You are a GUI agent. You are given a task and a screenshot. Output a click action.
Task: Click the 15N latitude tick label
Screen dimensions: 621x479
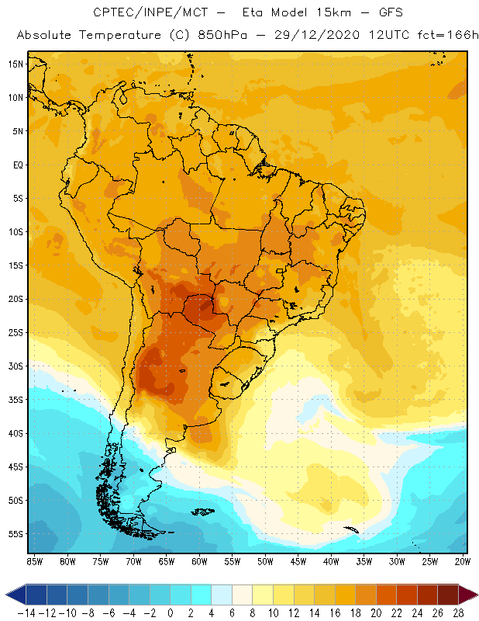[16, 64]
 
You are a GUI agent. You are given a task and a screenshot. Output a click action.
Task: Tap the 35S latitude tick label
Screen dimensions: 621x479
[16, 400]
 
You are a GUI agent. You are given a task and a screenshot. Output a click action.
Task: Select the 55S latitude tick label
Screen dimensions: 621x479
[16, 534]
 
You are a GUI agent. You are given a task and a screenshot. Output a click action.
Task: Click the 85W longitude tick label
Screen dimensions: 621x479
[34, 561]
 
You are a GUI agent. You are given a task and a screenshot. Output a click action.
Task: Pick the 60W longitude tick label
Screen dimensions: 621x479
[199, 561]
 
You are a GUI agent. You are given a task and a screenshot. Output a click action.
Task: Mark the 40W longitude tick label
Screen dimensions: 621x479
[331, 561]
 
